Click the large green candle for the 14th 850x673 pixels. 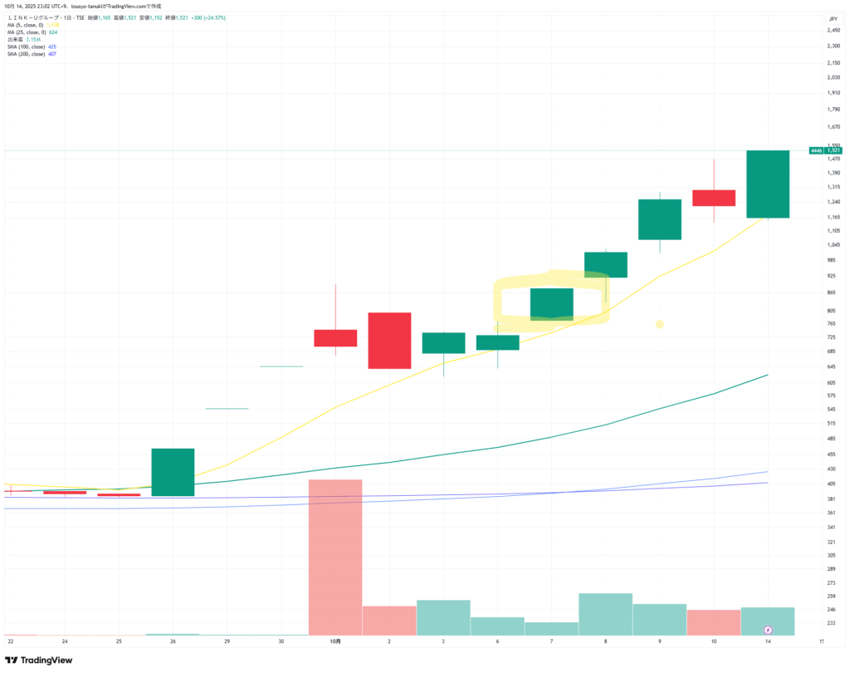(x=768, y=184)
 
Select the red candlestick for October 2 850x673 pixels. (x=389, y=341)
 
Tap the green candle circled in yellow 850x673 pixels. (x=551, y=304)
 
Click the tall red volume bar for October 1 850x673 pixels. (x=335, y=557)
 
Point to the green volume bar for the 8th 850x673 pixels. (x=605, y=614)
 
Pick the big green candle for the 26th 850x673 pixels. (x=173, y=472)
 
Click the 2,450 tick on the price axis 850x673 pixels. (x=831, y=31)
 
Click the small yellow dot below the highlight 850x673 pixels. (x=659, y=324)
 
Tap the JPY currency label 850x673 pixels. (x=833, y=17)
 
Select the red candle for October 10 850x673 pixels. (x=714, y=198)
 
